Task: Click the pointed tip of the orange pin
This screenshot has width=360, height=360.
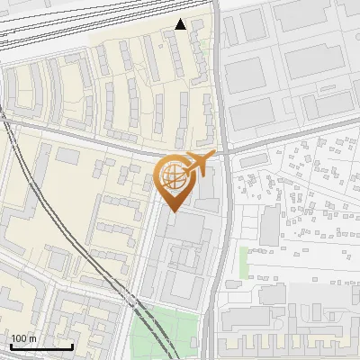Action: click(x=172, y=211)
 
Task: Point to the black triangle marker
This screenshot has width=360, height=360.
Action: click(x=181, y=24)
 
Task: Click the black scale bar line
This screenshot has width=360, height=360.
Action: click(x=41, y=346)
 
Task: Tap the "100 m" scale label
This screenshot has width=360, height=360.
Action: click(x=24, y=338)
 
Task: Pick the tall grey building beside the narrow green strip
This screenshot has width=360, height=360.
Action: click(x=269, y=225)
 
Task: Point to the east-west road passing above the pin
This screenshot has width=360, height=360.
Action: click(x=108, y=144)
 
